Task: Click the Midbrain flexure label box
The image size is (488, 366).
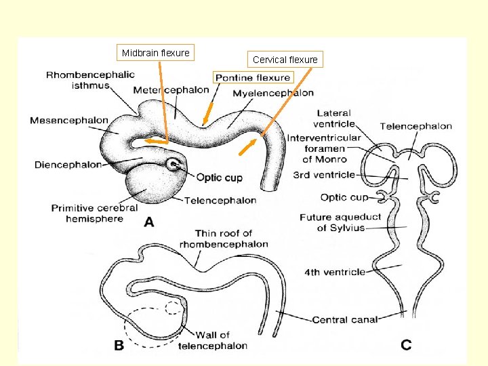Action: (155, 53)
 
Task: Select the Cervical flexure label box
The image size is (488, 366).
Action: (285, 60)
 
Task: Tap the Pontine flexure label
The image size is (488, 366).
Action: (253, 77)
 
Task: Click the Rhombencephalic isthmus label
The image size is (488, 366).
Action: (90, 80)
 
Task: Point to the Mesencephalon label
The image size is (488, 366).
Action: (69, 121)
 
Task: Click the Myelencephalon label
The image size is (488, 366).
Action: (273, 93)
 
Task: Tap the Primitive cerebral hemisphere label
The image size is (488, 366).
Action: (94, 213)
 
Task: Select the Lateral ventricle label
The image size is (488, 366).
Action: (334, 119)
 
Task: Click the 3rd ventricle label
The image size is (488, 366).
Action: (324, 175)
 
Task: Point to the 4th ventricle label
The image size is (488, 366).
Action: (335, 272)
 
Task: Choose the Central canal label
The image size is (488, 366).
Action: (344, 319)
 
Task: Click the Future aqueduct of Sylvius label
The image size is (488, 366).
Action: (340, 222)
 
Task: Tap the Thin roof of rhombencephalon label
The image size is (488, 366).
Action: (224, 239)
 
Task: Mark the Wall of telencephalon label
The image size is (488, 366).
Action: (213, 340)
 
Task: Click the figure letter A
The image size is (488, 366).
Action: (148, 222)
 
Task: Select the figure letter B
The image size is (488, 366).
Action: (119, 346)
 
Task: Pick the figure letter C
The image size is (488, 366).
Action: (405, 346)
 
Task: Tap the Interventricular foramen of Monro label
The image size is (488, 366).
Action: (324, 148)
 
